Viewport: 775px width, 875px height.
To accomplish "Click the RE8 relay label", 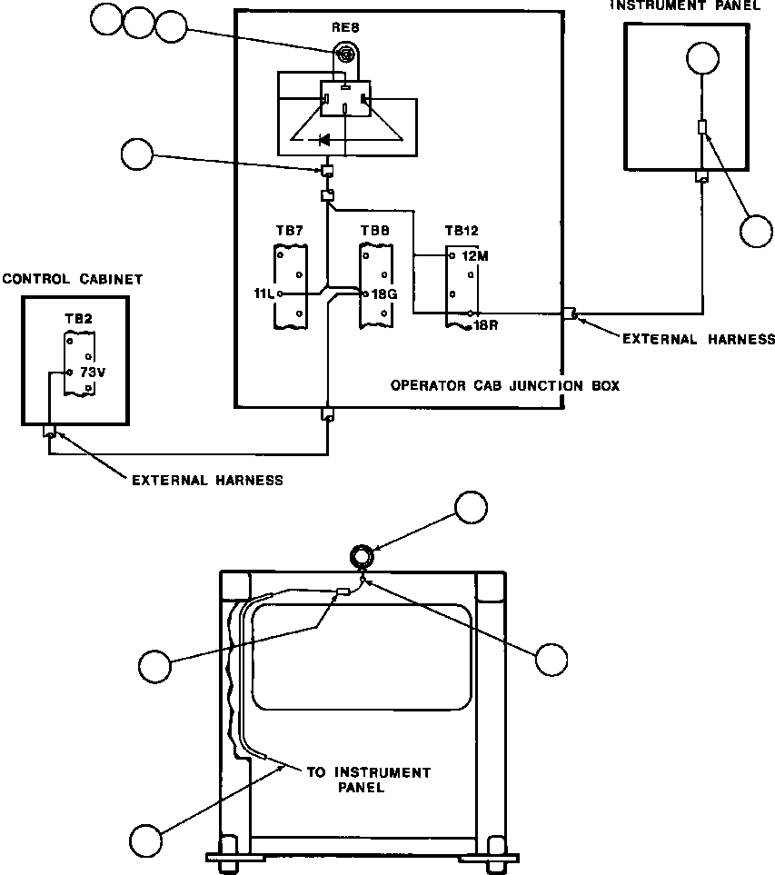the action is (345, 27).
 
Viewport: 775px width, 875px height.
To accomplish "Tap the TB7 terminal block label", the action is (289, 231).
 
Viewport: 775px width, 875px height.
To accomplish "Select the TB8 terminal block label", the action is (375, 231).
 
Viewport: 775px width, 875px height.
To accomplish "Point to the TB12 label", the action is (462, 231).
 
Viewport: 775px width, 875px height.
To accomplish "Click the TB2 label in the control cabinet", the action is (78, 319).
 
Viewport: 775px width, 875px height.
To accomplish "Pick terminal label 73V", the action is (93, 373).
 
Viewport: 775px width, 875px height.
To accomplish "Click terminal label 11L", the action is (263, 293).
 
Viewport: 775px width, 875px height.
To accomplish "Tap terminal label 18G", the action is (384, 294).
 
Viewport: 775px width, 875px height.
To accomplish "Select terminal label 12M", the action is (475, 256).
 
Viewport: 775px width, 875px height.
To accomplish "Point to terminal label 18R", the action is (485, 325).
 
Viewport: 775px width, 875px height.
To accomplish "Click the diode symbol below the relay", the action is (323, 140).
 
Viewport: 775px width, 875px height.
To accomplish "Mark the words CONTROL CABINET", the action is (73, 279).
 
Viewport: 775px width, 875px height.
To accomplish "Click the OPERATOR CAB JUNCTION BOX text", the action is (505, 385).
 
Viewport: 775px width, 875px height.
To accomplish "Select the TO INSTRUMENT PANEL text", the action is (369, 780).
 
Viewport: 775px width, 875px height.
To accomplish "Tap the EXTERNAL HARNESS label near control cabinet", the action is (207, 480).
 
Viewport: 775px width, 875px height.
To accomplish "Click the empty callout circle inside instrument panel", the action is (702, 58).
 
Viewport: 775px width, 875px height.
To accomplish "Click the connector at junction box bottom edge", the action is (328, 414).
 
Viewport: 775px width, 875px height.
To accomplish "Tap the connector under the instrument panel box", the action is (702, 177).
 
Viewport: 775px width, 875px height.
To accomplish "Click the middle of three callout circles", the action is (138, 23).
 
